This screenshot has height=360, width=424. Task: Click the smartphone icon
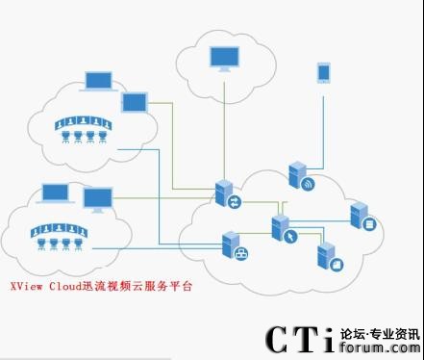tap(323, 73)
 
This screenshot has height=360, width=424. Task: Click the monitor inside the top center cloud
tap(225, 59)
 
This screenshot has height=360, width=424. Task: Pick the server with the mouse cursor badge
tap(281, 229)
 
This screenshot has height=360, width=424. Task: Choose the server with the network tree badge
tap(233, 246)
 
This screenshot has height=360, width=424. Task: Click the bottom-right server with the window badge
tap(328, 255)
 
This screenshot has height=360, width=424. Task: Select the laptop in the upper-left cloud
tap(98, 81)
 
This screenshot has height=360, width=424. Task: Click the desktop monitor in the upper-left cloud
tap(134, 102)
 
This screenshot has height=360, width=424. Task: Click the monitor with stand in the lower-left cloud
tap(96, 200)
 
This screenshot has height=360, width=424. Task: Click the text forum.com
tap(381, 348)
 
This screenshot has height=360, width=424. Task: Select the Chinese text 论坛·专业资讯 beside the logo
tap(381, 333)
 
